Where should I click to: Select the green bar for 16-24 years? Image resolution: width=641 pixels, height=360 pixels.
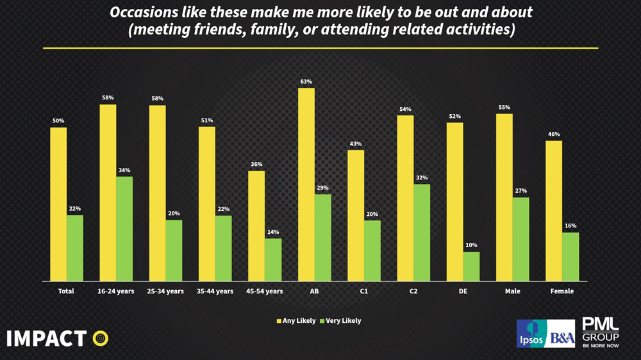[x=124, y=229]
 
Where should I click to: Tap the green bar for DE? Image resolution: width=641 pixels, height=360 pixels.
[x=471, y=266]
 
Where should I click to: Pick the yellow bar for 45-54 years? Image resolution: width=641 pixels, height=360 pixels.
[x=256, y=226]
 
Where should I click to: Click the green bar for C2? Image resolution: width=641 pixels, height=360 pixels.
[x=422, y=233]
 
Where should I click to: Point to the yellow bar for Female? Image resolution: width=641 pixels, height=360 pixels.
[x=554, y=211]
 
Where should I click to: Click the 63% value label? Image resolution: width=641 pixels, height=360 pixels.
[x=306, y=82]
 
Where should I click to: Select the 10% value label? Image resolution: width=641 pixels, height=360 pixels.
[x=471, y=245]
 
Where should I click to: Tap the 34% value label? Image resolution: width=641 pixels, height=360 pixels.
[x=124, y=170]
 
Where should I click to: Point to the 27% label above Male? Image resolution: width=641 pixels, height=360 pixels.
[x=520, y=191]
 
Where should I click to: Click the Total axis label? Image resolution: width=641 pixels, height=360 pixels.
[x=66, y=291]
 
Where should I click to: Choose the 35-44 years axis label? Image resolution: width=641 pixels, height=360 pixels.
[x=215, y=291]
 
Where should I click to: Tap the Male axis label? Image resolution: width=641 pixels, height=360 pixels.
[x=512, y=291]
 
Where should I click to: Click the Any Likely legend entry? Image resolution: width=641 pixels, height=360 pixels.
[x=296, y=321]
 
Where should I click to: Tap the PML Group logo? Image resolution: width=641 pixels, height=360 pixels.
[x=600, y=332]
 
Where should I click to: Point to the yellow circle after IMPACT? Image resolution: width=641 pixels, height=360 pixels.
[x=100, y=338]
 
